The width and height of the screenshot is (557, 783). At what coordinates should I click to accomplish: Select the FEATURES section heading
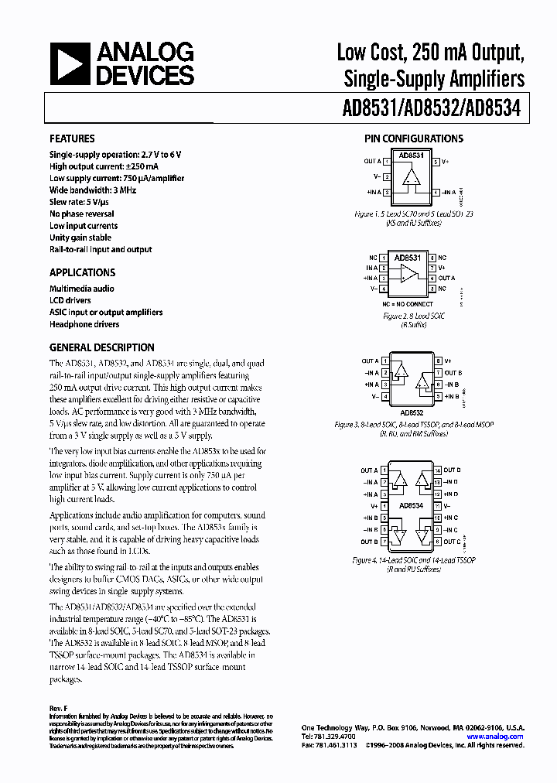coord(72,138)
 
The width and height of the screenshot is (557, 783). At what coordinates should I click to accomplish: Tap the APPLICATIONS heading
coord(82,272)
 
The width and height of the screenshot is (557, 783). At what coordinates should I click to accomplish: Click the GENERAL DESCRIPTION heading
coord(101,347)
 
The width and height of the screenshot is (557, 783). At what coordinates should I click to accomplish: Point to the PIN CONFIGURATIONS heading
coord(414,138)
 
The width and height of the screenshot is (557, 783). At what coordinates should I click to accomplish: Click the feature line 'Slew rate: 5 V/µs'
coord(82,201)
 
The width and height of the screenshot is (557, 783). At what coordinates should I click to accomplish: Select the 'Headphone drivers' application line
coord(86,324)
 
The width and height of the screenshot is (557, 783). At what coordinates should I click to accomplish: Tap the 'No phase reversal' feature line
coord(82,214)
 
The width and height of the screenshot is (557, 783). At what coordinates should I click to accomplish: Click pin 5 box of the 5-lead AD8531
coord(436,162)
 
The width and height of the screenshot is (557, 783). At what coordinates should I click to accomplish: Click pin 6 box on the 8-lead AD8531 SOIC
coord(433,278)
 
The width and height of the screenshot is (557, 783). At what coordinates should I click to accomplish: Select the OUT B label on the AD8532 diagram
coord(453,373)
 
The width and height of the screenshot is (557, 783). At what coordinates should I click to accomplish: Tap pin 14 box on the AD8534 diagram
coord(437,470)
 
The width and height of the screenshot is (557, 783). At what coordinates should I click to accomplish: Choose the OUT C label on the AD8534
coord(453,542)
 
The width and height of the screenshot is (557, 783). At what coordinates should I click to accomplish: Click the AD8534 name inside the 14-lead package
coord(411,506)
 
